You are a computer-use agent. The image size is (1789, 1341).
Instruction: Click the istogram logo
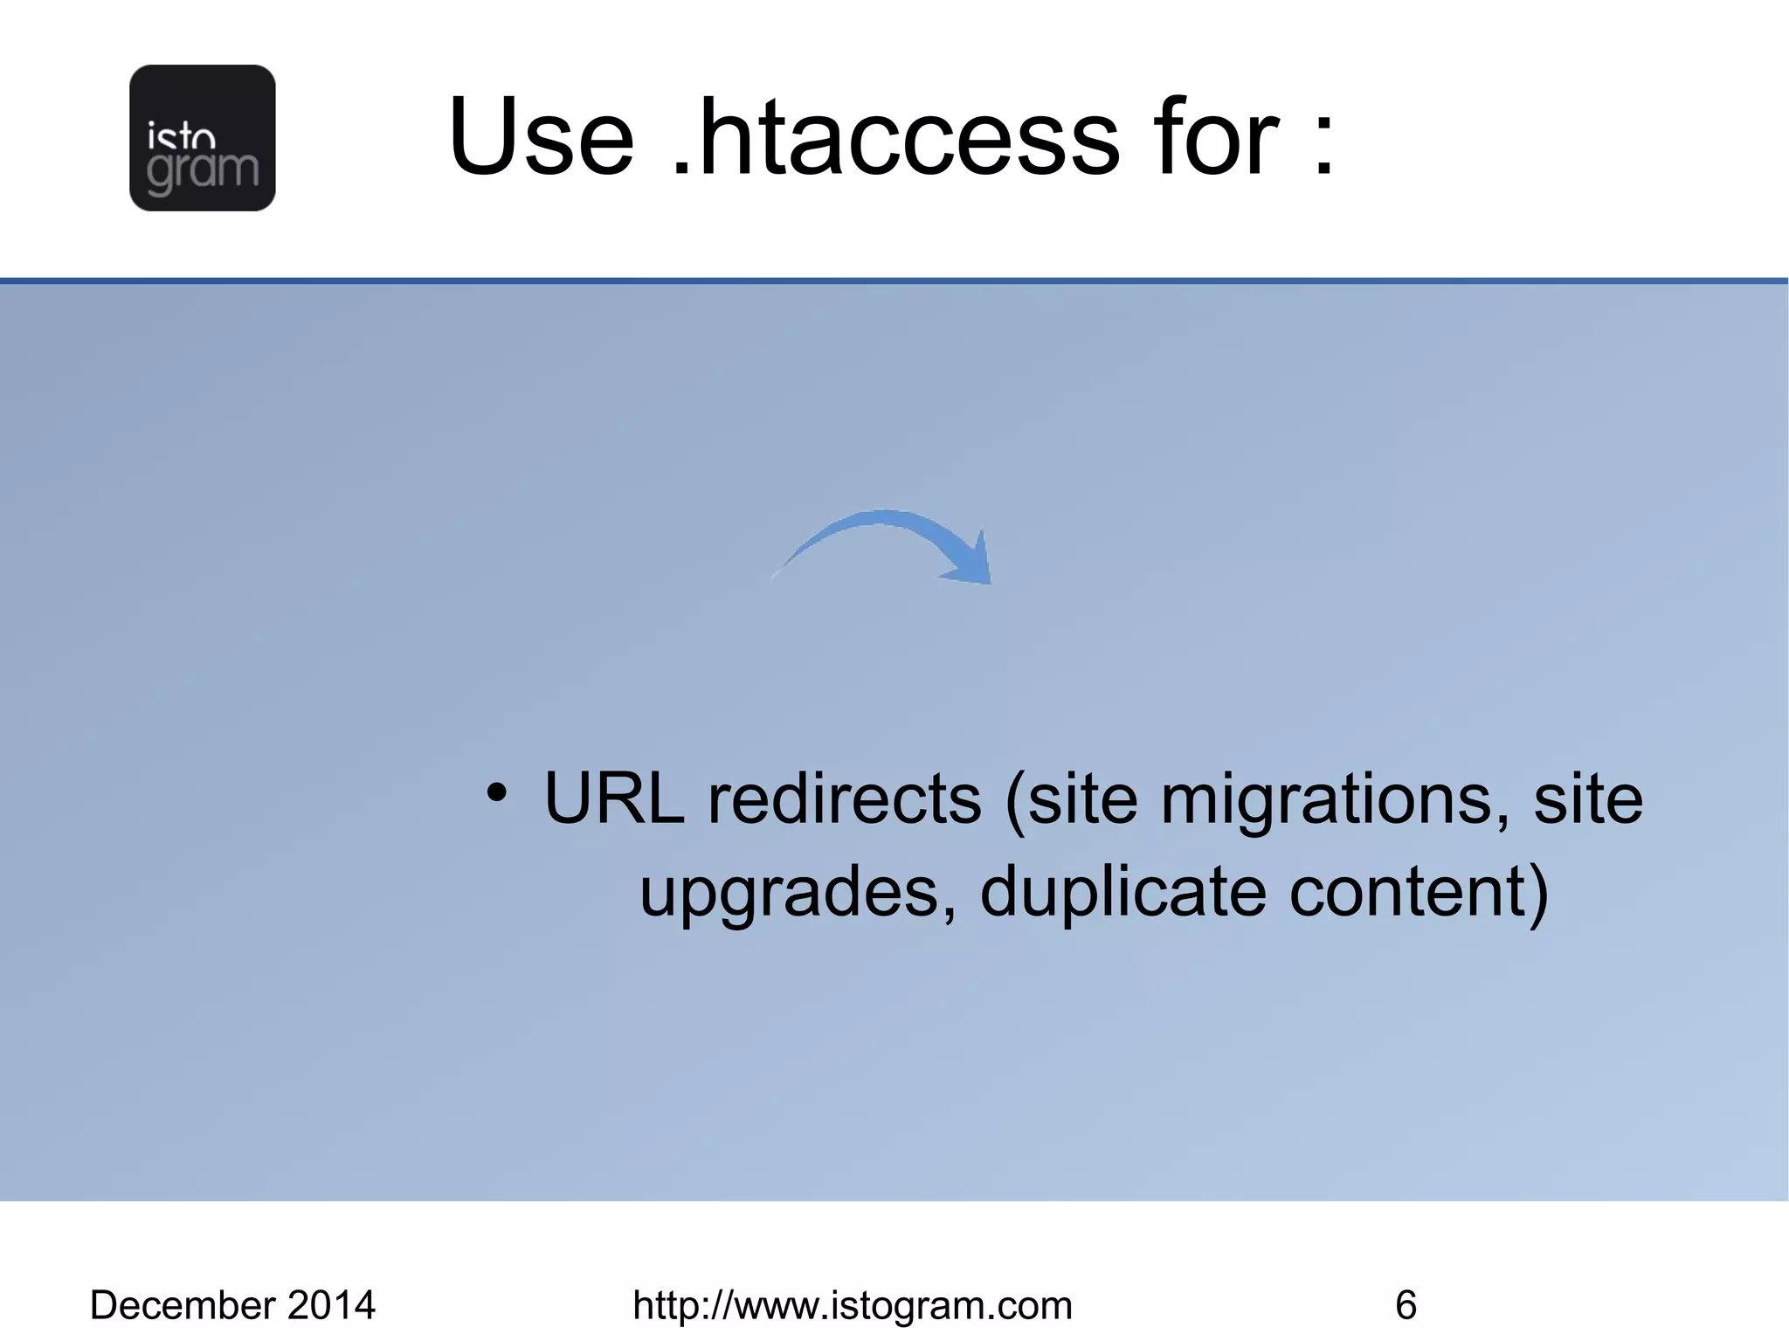(x=202, y=137)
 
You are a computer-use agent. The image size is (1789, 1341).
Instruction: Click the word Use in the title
(x=541, y=137)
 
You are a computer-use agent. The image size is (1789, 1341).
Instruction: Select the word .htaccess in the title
(x=895, y=137)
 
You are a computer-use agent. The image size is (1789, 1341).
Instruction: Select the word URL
(x=614, y=798)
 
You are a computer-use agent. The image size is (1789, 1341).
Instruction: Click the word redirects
(x=844, y=798)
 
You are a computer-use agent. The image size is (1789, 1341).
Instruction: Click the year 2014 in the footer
(x=331, y=1305)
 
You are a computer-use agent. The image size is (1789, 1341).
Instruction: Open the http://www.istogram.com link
(x=852, y=1305)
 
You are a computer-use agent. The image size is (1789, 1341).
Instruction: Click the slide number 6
(x=1406, y=1305)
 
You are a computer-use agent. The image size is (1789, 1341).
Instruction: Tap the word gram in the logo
(x=203, y=171)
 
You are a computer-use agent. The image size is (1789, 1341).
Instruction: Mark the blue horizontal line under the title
(x=894, y=280)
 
